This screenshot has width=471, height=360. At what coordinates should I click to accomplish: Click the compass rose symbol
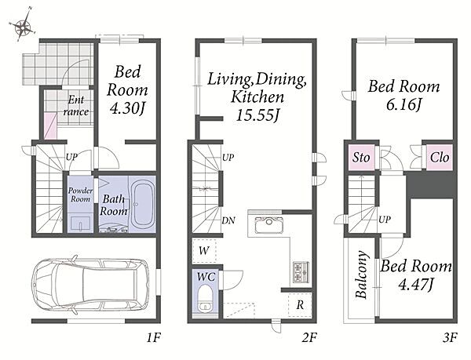point(23,27)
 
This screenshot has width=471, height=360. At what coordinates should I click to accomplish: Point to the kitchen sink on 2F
point(268,225)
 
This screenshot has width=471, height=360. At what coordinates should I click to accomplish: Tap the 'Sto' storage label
point(361,157)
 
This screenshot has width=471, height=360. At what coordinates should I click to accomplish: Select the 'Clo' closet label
point(440,157)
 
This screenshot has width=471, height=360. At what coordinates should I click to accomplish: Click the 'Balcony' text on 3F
point(362,275)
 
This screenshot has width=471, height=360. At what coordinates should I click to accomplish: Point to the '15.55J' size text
point(257,115)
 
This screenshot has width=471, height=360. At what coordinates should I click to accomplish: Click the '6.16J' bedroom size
point(404,104)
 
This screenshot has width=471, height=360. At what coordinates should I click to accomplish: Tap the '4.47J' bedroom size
point(416,284)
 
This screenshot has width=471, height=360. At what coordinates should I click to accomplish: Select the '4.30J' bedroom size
point(128,108)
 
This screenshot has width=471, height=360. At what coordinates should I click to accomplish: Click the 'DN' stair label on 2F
point(228,220)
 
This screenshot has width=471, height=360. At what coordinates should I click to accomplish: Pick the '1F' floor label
point(154,338)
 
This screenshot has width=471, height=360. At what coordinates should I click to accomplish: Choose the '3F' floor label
point(450,338)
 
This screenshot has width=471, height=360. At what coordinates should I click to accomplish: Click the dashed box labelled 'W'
point(204,250)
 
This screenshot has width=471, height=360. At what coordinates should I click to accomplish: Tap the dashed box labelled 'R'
point(300,305)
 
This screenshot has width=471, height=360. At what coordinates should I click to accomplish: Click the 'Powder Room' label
point(80,195)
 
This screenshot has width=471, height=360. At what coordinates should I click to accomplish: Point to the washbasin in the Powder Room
point(80,224)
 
